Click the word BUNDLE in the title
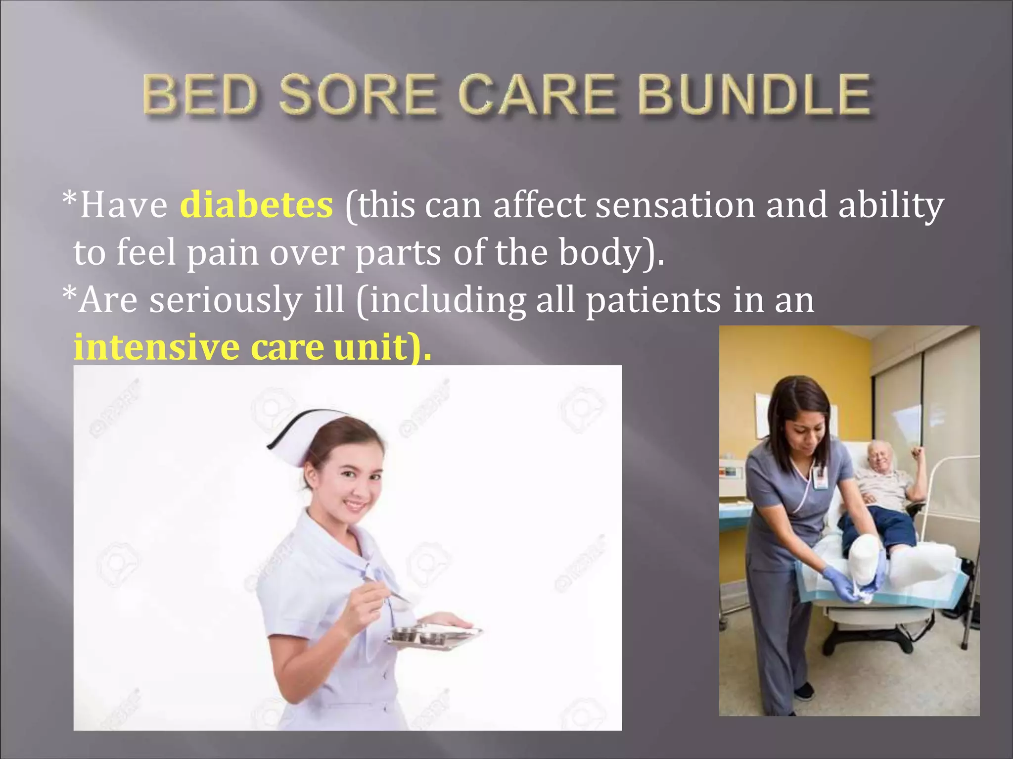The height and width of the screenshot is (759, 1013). pyautogui.click(x=753, y=94)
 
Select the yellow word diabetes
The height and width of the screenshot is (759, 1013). pyautogui.click(x=256, y=205)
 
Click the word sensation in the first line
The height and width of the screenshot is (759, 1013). pyautogui.click(x=675, y=205)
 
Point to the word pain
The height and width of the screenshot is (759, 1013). pyautogui.click(x=223, y=252)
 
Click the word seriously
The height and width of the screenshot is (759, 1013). pyautogui.click(x=226, y=300)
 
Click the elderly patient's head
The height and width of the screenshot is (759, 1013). pyautogui.click(x=880, y=455)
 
